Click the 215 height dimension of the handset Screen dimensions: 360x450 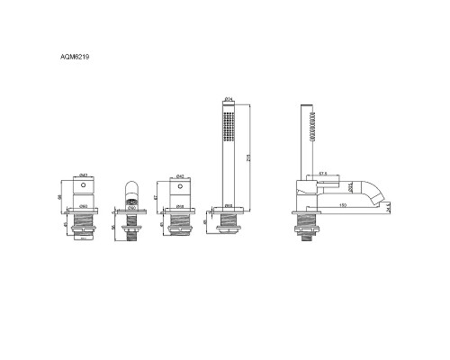pyautogui.click(x=247, y=155)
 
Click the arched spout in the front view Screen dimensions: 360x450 pyautogui.click(x=130, y=192)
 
